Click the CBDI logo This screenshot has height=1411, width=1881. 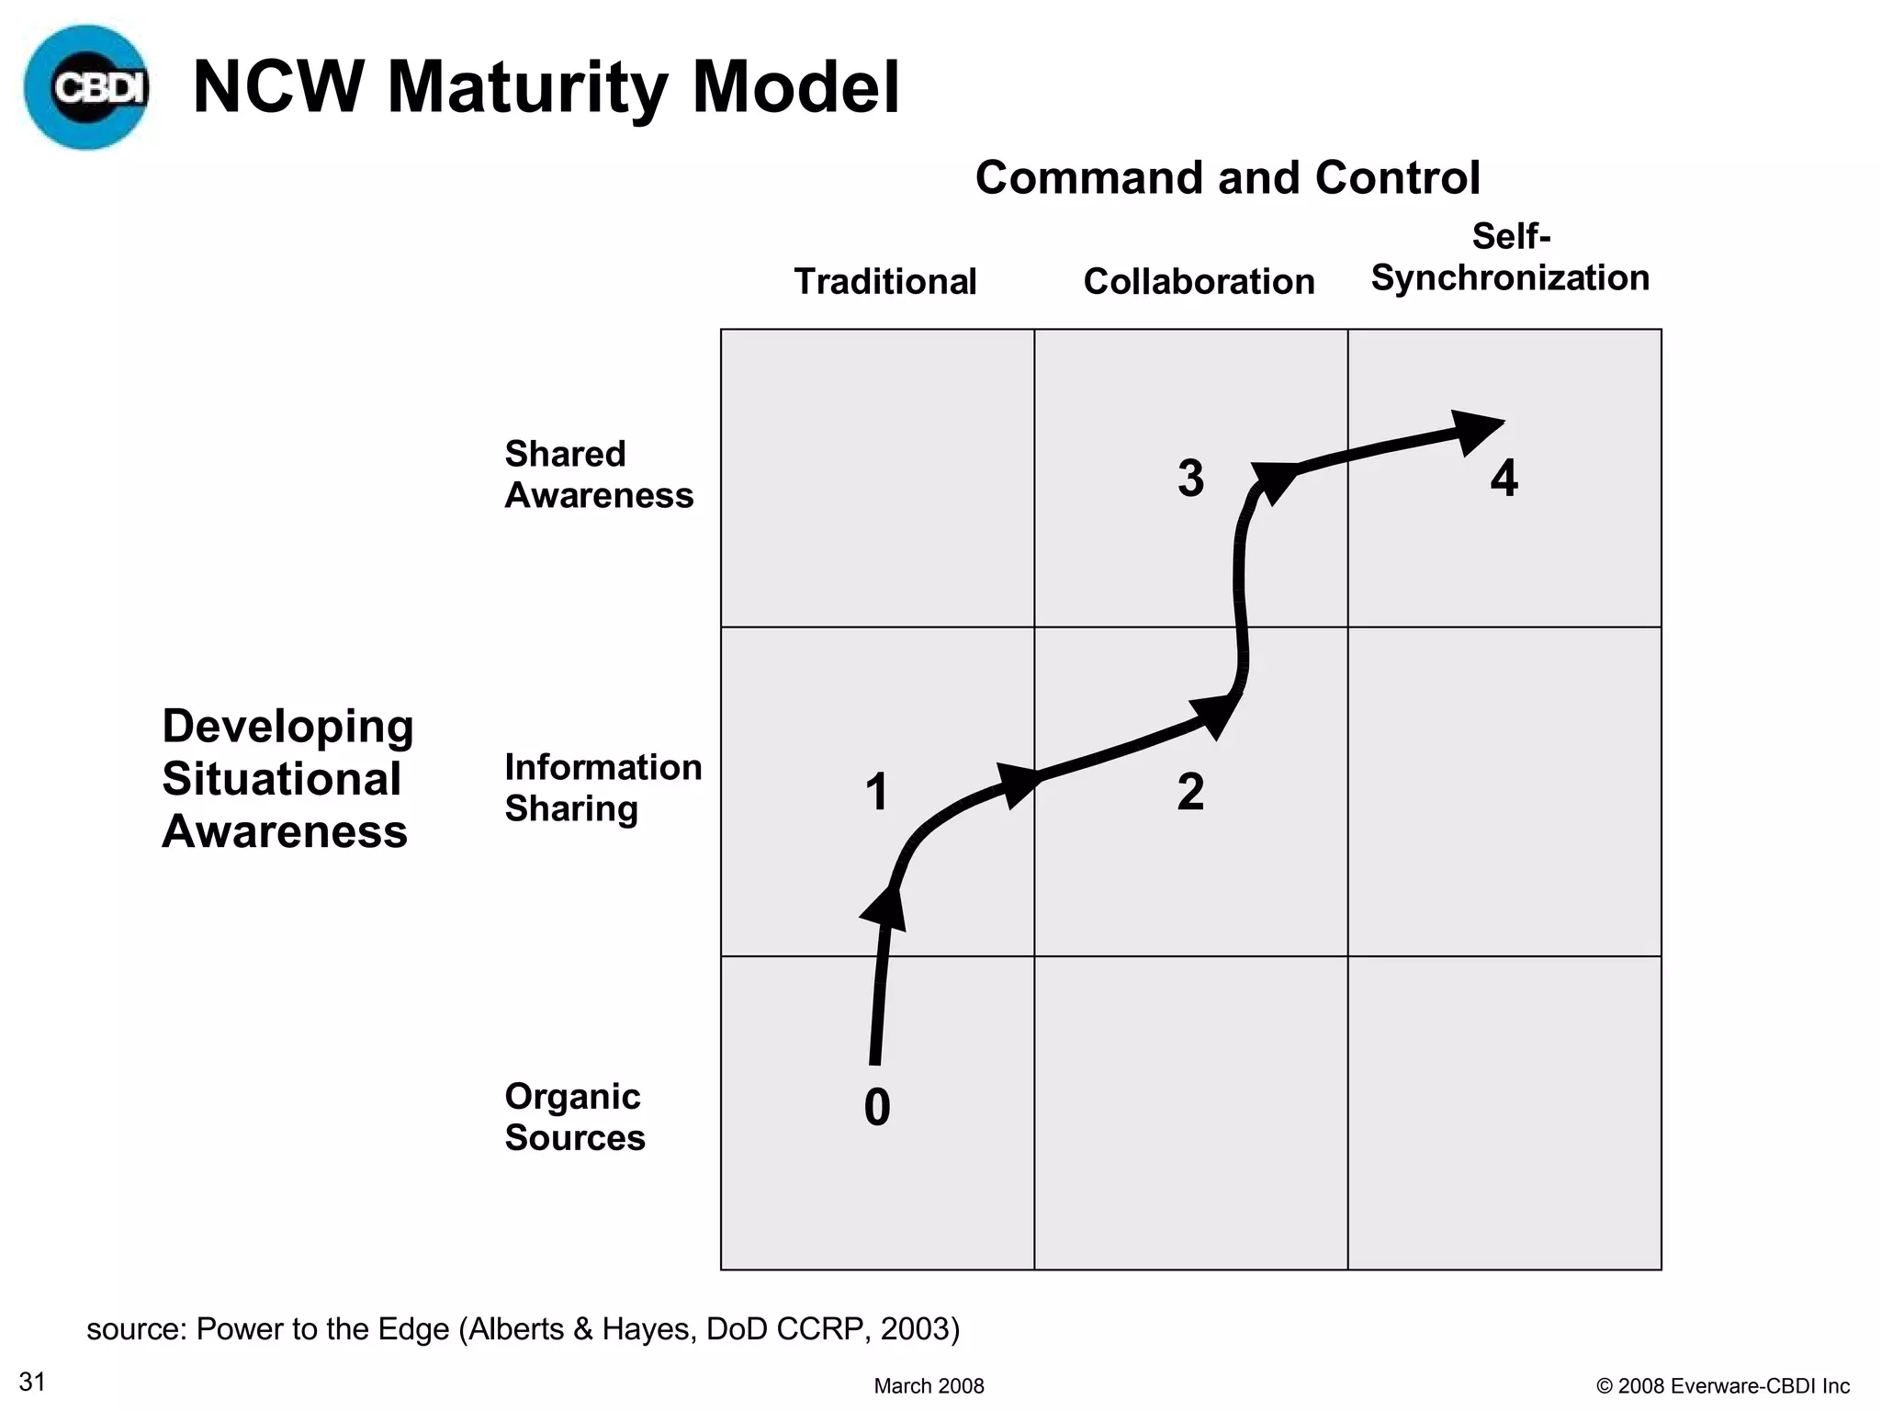click(x=87, y=87)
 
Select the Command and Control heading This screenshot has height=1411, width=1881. click(x=1227, y=177)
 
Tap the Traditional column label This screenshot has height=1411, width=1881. click(x=884, y=281)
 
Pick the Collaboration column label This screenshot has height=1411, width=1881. click(x=1199, y=281)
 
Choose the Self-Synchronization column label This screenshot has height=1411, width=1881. click(x=1510, y=258)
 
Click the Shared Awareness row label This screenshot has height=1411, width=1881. click(x=599, y=474)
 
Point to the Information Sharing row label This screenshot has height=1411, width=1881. click(x=603, y=787)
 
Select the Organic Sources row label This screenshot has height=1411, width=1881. click(x=575, y=1116)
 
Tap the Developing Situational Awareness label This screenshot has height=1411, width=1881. click(x=287, y=778)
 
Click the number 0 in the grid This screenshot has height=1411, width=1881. click(x=877, y=1107)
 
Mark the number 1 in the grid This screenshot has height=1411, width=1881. click(x=877, y=792)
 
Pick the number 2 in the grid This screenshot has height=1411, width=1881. click(x=1190, y=792)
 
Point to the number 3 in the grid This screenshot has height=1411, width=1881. click(x=1190, y=479)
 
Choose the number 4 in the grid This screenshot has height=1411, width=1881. click(x=1504, y=479)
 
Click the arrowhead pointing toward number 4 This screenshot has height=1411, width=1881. click(x=1476, y=430)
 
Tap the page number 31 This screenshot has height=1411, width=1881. click(x=33, y=1382)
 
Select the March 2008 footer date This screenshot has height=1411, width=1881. click(x=929, y=1386)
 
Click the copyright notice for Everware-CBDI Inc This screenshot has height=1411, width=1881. click(x=1723, y=1386)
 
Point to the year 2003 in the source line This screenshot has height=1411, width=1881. click(x=915, y=1328)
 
